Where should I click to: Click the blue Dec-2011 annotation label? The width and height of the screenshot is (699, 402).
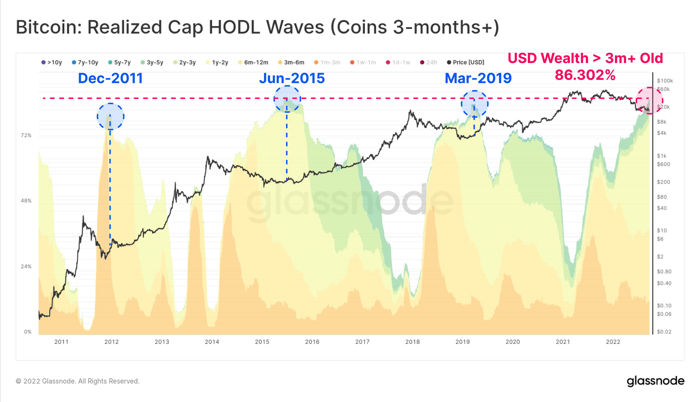click(110, 78)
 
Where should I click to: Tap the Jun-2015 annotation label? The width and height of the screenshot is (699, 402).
click(292, 78)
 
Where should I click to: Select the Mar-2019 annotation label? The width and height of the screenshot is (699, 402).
click(478, 78)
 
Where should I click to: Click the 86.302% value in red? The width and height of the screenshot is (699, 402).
click(585, 75)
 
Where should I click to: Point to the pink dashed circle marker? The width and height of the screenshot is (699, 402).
click(649, 100)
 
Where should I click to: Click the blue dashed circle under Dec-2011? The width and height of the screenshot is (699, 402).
click(110, 116)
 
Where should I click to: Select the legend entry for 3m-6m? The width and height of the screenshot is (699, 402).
click(291, 62)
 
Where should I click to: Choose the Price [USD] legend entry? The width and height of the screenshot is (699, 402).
click(466, 62)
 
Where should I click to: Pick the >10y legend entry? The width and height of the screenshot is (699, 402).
click(51, 62)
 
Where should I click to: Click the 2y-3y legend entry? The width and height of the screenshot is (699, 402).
click(184, 62)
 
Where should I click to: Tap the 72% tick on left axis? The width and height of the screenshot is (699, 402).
click(26, 135)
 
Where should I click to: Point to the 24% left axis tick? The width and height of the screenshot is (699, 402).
click(26, 266)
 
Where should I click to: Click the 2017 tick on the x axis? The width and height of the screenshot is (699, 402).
click(362, 342)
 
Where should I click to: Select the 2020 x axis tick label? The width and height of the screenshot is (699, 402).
click(512, 342)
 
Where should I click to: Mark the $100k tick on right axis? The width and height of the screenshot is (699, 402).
click(665, 81)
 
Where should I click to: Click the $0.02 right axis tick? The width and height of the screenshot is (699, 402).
click(664, 332)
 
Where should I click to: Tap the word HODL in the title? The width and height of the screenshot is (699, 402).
click(235, 27)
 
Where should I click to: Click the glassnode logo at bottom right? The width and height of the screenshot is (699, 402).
click(655, 381)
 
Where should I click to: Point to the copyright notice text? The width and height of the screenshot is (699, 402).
click(77, 381)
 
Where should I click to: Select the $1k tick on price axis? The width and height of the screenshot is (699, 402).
click(661, 156)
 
